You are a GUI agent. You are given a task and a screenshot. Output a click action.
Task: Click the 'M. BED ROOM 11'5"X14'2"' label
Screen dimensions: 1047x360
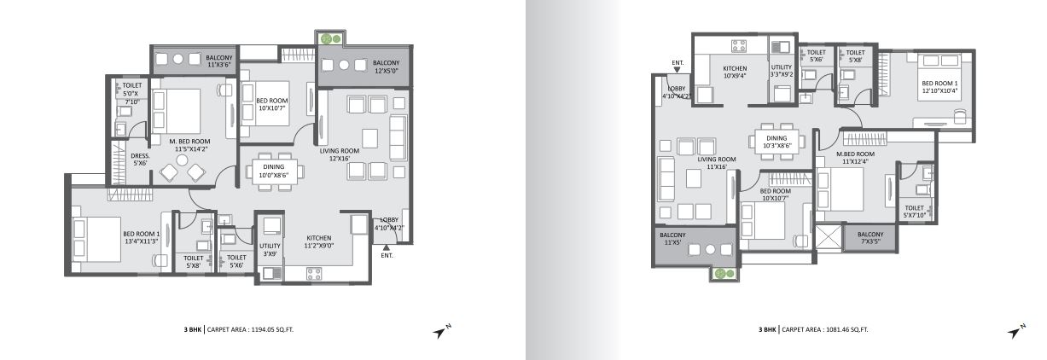click(189, 145)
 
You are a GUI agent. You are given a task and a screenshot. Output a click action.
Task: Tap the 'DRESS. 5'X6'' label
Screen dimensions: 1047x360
click(140, 160)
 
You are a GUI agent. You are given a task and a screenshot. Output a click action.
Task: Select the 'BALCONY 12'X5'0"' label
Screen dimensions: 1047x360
click(386, 67)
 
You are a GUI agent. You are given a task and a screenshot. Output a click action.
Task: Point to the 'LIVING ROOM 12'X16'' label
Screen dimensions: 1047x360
click(340, 154)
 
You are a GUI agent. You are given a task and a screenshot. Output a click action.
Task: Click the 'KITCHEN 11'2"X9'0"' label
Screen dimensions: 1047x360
click(319, 241)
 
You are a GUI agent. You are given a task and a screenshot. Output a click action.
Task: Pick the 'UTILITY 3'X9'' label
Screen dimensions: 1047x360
click(270, 250)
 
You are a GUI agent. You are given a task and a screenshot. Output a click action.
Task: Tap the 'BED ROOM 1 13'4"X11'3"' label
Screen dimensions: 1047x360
click(141, 237)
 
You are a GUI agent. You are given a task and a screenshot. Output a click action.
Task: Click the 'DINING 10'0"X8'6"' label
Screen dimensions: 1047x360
click(273, 171)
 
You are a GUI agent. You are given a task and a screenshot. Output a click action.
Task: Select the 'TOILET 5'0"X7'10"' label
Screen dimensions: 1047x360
click(131, 94)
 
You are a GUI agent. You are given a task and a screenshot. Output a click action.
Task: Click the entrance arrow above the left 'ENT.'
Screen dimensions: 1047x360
click(386, 247)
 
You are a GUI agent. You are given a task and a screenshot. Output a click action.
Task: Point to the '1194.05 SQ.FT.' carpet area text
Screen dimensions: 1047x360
click(272, 329)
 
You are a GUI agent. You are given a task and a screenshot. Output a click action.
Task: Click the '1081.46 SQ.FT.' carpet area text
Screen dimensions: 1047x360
click(847, 329)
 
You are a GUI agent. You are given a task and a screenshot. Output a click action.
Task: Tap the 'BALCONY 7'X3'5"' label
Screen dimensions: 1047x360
click(870, 238)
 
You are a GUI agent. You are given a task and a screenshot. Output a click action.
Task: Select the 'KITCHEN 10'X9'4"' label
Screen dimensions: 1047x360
click(735, 72)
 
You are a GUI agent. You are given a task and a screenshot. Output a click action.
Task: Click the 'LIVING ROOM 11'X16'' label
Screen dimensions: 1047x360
click(717, 163)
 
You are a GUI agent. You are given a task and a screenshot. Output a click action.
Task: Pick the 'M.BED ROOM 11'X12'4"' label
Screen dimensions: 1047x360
click(855, 158)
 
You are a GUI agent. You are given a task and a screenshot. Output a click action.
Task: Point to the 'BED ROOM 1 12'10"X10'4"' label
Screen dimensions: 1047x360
click(939, 87)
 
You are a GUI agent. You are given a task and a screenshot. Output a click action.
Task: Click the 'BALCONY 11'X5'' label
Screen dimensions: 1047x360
click(672, 239)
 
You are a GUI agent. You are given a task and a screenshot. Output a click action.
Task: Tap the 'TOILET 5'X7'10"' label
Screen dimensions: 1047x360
click(914, 212)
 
